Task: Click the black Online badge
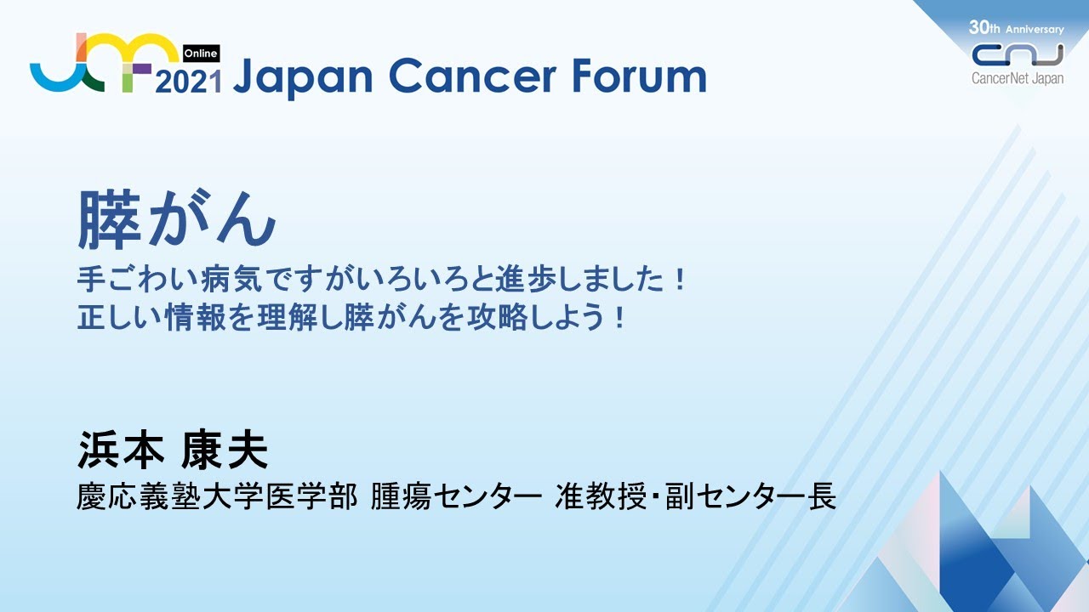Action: click(x=201, y=53)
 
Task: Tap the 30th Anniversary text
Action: click(x=1016, y=28)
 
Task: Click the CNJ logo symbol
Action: click(x=1018, y=54)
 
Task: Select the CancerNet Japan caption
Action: click(x=1018, y=77)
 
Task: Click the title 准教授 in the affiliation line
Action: click(x=594, y=496)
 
